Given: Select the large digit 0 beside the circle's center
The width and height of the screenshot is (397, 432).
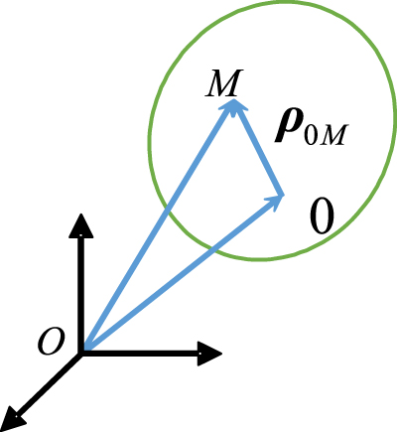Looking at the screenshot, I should point(320,216).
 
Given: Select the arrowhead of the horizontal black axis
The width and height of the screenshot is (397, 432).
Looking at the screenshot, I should point(210,352).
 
